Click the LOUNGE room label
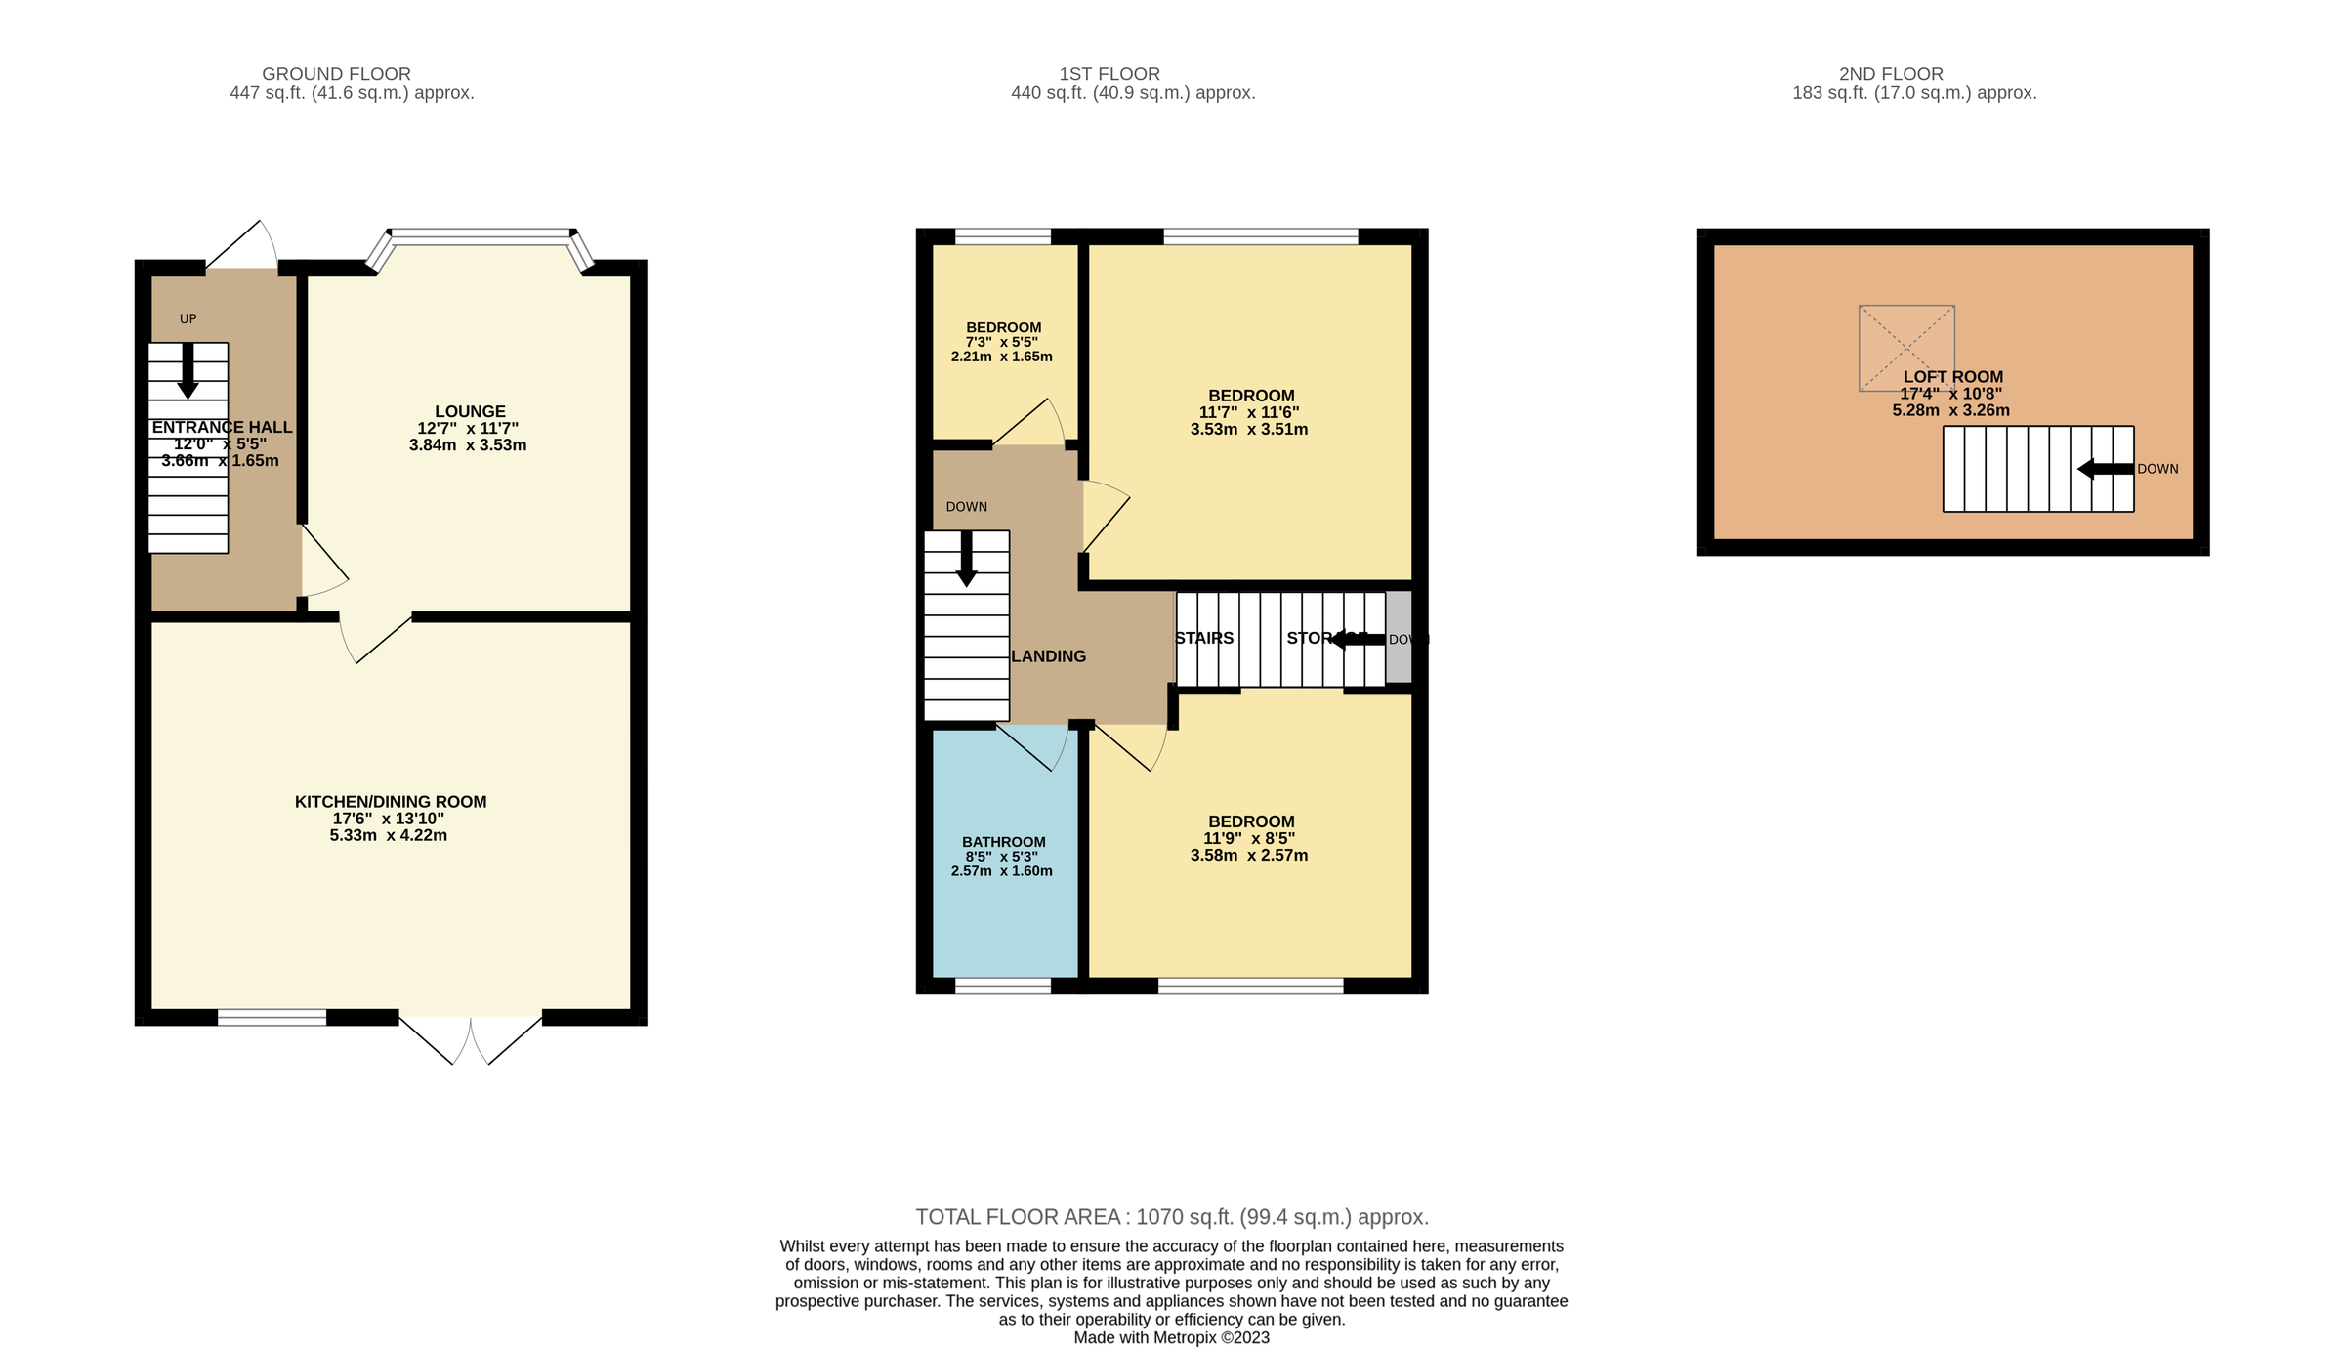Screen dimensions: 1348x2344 pyautogui.click(x=470, y=411)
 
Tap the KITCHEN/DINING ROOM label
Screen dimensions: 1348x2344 pyautogui.click(x=390, y=802)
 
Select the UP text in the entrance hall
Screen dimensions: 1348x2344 pyautogui.click(x=188, y=318)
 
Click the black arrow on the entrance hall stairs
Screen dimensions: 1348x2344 pyautogui.click(x=188, y=371)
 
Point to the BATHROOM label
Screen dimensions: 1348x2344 pyautogui.click(x=1003, y=842)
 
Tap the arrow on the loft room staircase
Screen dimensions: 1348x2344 pyautogui.click(x=2105, y=469)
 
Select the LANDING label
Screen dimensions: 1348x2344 pyautogui.click(x=1048, y=656)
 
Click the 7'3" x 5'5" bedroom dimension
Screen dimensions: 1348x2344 pyautogui.click(x=1001, y=342)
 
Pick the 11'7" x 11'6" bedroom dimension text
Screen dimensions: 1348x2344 pyautogui.click(x=1248, y=412)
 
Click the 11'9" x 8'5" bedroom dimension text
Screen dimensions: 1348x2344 pyautogui.click(x=1248, y=838)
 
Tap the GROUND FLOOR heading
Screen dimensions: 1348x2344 pyautogui.click(x=336, y=74)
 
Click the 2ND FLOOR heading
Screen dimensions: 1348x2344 pyautogui.click(x=1891, y=74)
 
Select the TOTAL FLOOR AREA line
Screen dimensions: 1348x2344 pyautogui.click(x=1171, y=1217)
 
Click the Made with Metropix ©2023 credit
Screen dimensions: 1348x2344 pyautogui.click(x=1171, y=1337)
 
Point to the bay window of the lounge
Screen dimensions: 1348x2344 pyautogui.click(x=480, y=234)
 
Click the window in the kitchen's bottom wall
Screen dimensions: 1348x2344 pyautogui.click(x=272, y=1017)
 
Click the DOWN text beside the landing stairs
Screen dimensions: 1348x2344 pyautogui.click(x=966, y=507)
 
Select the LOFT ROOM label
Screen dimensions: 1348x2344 pyautogui.click(x=1952, y=377)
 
